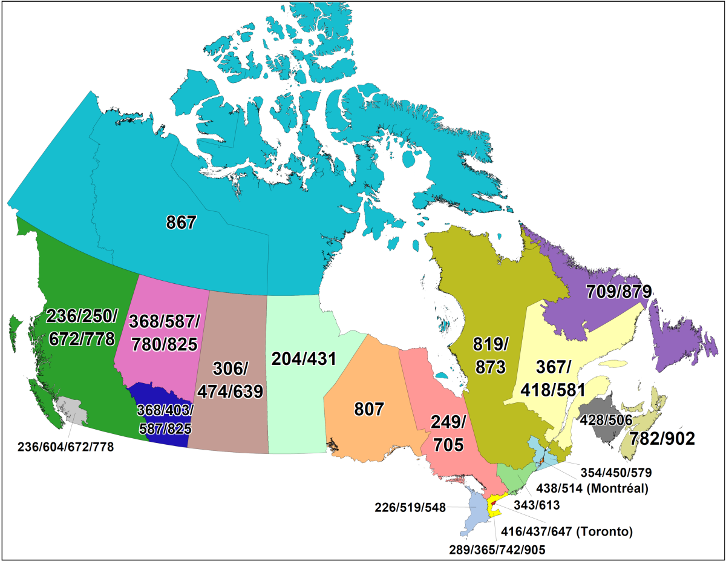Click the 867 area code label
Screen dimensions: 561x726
click(181, 223)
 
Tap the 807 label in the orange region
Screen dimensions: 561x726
click(369, 410)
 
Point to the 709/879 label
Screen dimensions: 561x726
click(619, 292)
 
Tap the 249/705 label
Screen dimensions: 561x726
click(448, 434)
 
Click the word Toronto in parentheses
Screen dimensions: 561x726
click(605, 533)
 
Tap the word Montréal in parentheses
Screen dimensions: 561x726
click(618, 488)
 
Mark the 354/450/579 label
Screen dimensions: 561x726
click(615, 471)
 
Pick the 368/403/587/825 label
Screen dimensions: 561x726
click(164, 419)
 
